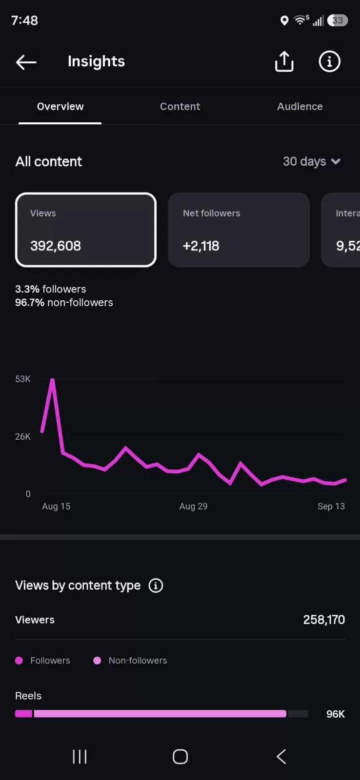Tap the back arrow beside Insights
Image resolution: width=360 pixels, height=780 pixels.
26,62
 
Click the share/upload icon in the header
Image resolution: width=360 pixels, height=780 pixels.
284,61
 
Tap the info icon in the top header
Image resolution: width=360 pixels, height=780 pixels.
329,61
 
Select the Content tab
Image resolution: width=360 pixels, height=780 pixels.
180,107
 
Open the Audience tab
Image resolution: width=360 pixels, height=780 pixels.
300,107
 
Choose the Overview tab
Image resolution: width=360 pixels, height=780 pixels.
60,107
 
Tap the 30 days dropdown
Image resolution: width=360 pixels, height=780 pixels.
312,161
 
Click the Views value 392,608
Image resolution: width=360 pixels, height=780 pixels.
56,246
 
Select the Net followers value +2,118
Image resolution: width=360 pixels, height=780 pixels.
201,246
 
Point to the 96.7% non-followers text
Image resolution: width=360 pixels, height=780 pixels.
64,302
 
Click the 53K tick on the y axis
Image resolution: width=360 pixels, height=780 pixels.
22,379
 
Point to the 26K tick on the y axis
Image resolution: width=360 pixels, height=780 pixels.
22,437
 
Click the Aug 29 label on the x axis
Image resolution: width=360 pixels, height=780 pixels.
194,507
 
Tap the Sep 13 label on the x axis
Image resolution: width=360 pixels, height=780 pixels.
331,507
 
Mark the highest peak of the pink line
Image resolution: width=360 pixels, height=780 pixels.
52,380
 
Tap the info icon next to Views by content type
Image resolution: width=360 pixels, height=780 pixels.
156,585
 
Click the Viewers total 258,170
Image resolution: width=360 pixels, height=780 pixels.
324,620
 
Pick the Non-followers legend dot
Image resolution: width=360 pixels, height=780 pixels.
97,661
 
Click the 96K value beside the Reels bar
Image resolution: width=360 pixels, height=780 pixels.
335,714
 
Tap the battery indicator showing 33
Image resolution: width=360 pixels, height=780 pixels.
338,20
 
